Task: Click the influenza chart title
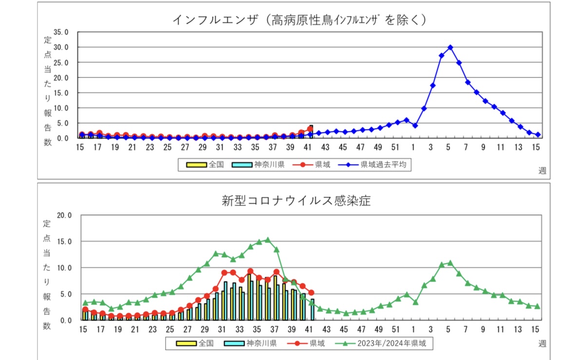click(300, 20)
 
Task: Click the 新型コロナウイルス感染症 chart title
click(297, 200)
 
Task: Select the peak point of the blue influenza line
click(450, 47)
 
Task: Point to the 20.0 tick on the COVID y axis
click(64, 215)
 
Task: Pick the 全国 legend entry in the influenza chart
click(205, 165)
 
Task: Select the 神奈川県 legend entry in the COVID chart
click(251, 343)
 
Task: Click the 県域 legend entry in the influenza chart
click(312, 165)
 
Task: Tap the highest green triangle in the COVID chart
click(267, 240)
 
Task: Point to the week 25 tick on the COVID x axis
click(170, 329)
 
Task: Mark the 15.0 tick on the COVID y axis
click(64, 241)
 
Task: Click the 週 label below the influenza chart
click(542, 170)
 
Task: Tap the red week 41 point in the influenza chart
click(310, 129)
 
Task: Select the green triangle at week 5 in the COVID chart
click(450, 263)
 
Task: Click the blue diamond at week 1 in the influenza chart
click(415, 126)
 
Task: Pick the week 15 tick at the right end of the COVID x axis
click(536, 329)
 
